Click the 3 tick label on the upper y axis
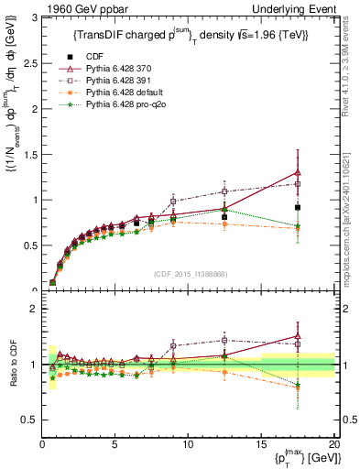coord(34,17)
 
